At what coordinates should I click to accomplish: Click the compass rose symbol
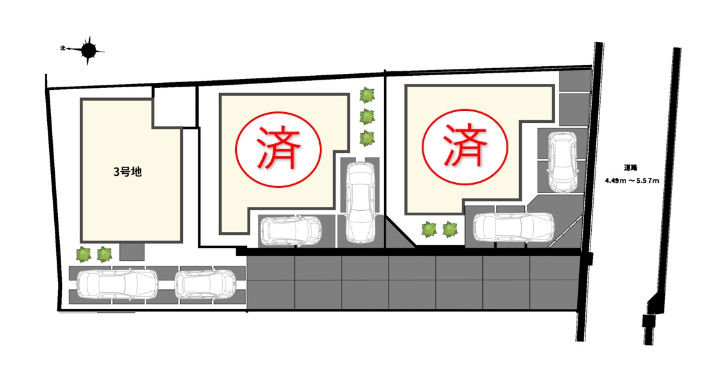pos(89,49)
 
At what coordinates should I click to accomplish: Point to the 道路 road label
pos(631,168)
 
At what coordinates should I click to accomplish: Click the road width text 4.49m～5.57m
pos(631,180)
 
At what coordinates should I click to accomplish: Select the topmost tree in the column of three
pos(367,96)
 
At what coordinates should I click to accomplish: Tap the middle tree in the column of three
pos(367,117)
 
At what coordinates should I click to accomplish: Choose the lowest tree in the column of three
pos(367,137)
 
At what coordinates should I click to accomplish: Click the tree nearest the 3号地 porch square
pos(104,255)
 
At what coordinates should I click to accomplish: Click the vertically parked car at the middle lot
pos(361,202)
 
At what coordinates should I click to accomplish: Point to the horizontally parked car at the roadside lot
pos(513,227)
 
